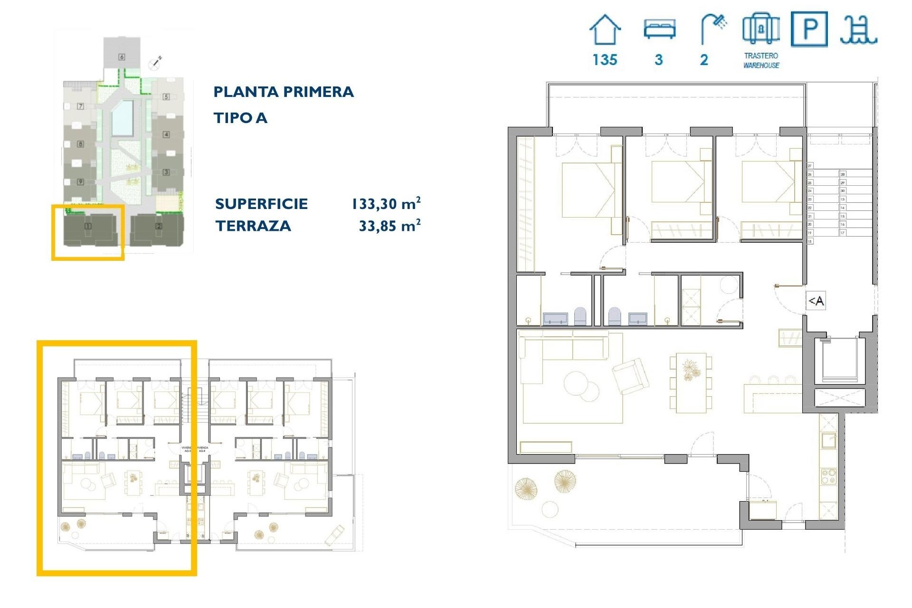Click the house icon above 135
click(605, 30)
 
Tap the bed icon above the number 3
click(659, 29)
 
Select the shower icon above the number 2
click(713, 28)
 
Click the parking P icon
click(809, 29)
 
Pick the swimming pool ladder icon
click(858, 30)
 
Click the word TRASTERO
click(761, 56)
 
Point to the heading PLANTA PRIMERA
click(284, 92)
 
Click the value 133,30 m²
click(386, 204)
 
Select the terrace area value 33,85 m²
click(389, 226)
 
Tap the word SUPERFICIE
click(261, 204)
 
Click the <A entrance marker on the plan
click(816, 301)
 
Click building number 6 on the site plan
click(122, 57)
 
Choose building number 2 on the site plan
click(159, 227)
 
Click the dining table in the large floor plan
click(691, 382)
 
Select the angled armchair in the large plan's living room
click(630, 376)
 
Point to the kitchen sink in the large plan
click(829, 440)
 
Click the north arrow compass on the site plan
click(155, 62)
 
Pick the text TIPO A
click(240, 118)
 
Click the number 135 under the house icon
click(605, 60)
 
